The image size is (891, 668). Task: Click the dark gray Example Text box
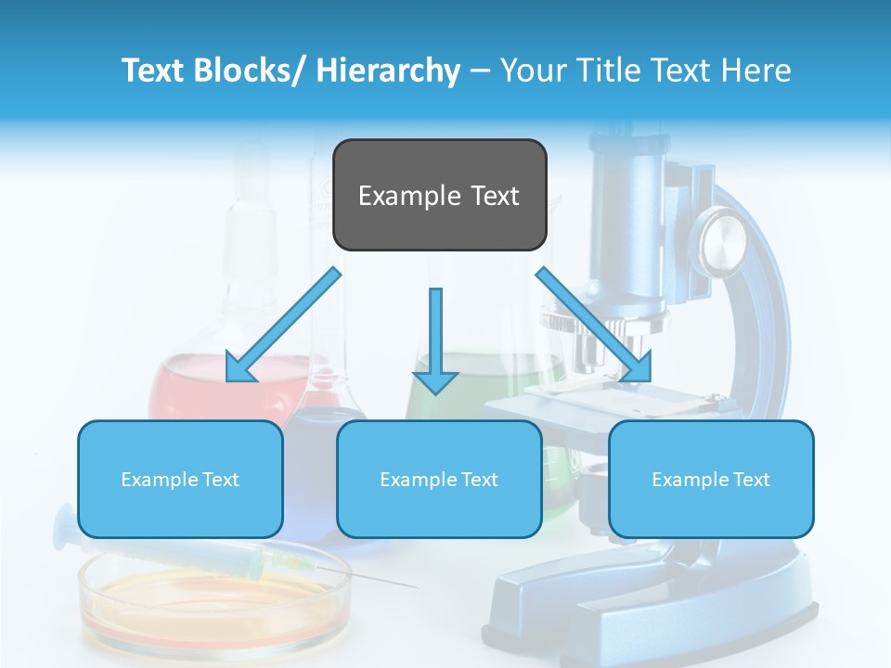[x=439, y=195]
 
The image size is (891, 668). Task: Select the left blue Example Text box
[x=180, y=479]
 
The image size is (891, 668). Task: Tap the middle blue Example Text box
[x=439, y=479]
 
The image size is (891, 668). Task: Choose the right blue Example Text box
[x=711, y=479]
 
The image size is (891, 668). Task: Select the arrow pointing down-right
[x=593, y=325]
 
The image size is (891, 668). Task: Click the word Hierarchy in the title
[x=387, y=71]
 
